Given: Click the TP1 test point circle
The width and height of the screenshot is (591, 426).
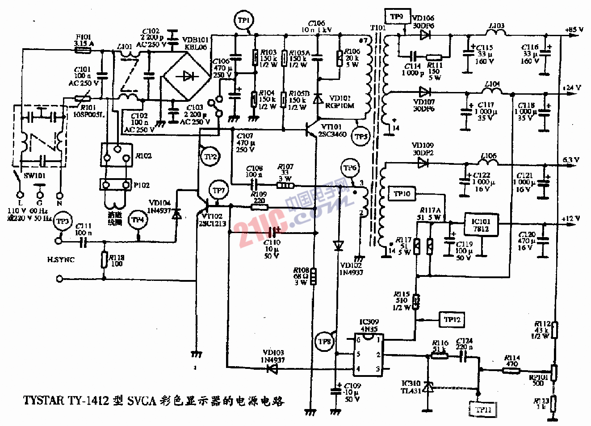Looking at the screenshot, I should pos(243,21).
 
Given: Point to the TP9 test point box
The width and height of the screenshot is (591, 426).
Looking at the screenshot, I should pos(396,17).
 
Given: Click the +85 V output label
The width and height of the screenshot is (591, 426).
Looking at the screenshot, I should pos(574,30).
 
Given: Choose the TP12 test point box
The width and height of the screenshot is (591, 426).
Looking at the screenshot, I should pos(452,320).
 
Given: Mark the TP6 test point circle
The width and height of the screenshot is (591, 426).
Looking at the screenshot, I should pos(350,168).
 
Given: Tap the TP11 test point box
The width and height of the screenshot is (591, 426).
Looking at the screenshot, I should pos(483,409).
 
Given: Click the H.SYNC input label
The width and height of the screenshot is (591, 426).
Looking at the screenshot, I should pos(61,259).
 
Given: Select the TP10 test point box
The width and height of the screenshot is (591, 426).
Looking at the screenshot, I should pos(402,194).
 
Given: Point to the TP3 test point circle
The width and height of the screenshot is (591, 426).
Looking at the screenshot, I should pos(63,221).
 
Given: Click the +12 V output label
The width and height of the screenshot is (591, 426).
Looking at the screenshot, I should pos(571,219).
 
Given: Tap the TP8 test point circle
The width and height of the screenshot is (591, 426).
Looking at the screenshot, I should pos(324,342).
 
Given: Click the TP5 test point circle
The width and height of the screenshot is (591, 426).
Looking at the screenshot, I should pos(360,137).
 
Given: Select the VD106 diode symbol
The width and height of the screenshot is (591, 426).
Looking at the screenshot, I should pos(424,35).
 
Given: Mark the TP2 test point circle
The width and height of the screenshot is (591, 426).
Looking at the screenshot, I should pos(210,157).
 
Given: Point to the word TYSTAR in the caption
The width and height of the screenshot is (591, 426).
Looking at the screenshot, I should pos(44,401).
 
